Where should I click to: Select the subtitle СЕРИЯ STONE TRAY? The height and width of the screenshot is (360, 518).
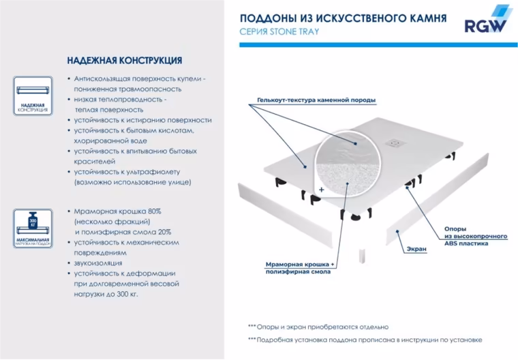coord(280,32)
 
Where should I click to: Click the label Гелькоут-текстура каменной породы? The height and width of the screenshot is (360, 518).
coord(316,100)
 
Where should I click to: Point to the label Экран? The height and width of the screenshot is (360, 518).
coord(418,249)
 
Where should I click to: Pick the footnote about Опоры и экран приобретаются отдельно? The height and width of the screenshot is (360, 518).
coord(318,326)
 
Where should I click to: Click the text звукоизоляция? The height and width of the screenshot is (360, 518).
coord(98,262)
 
